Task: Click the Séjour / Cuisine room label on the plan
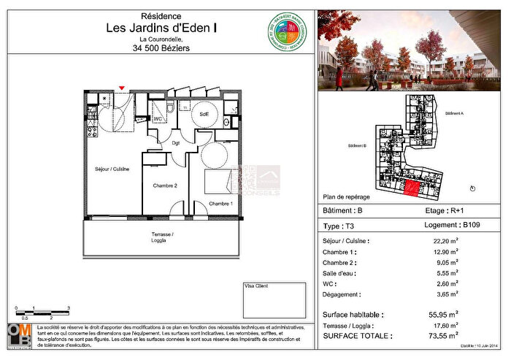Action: (x=112, y=169)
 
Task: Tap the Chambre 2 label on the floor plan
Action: (x=165, y=186)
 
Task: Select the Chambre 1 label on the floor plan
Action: (x=220, y=203)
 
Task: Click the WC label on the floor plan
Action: (x=157, y=118)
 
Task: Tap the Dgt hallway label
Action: (x=176, y=143)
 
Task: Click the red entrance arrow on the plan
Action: (x=121, y=88)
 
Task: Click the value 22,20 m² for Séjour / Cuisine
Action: (x=445, y=240)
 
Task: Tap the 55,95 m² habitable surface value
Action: (x=444, y=315)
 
